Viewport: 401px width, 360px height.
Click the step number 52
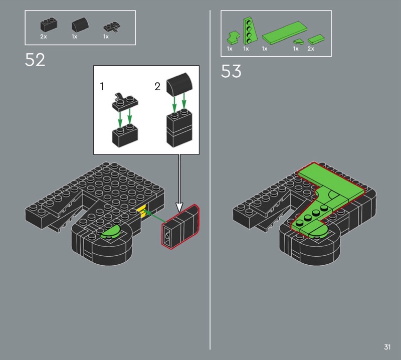pyautogui.click(x=35, y=60)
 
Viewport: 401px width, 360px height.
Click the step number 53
pyautogui.click(x=231, y=71)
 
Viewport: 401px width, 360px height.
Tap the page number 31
pyautogui.click(x=387, y=347)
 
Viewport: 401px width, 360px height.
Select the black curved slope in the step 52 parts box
pyautogui.click(x=80, y=24)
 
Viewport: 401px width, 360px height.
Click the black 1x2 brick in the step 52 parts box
pyautogui.click(x=49, y=25)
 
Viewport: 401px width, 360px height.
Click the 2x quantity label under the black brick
pyautogui.click(x=44, y=37)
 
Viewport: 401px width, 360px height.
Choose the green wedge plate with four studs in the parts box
pyautogui.click(x=248, y=31)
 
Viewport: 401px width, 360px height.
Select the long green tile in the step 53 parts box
pyautogui.click(x=284, y=32)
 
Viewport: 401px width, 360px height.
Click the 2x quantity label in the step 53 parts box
pyautogui.click(x=311, y=49)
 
